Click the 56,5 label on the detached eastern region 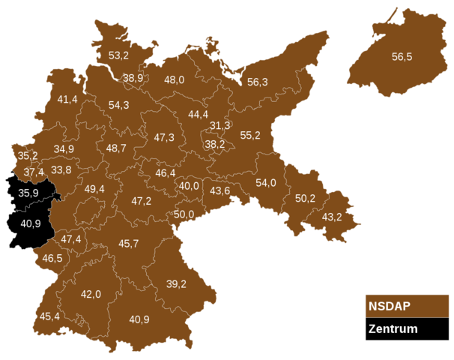tap(402, 56)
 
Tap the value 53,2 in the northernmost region tap(118, 55)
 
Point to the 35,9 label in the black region tap(28, 193)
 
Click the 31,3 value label tap(220, 125)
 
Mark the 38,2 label tap(215, 144)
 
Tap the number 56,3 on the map tap(258, 82)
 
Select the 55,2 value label tap(250, 135)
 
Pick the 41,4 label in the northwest tap(67, 99)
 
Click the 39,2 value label tap(177, 283)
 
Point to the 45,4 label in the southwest tap(49, 316)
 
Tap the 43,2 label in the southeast tap(331, 217)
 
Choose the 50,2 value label tap(305, 199)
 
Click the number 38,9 tap(133, 78)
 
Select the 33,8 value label tap(61, 169)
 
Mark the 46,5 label tap(52, 258)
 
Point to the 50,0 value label tap(184, 214)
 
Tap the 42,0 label tap(91, 294)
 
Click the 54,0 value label tap(266, 182)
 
